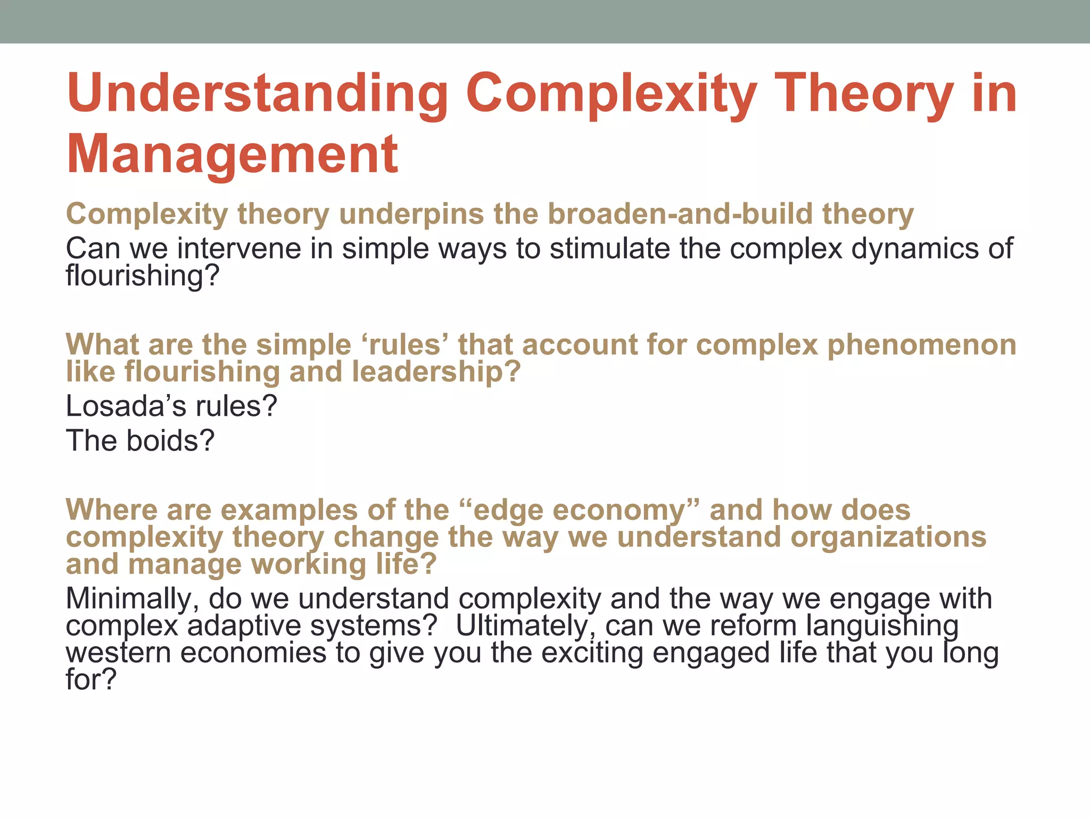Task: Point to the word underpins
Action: (411, 214)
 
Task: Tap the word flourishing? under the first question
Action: (142, 276)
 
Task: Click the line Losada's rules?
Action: (171, 406)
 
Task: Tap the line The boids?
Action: (140, 441)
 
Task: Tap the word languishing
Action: (882, 626)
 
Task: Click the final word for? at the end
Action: (90, 680)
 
